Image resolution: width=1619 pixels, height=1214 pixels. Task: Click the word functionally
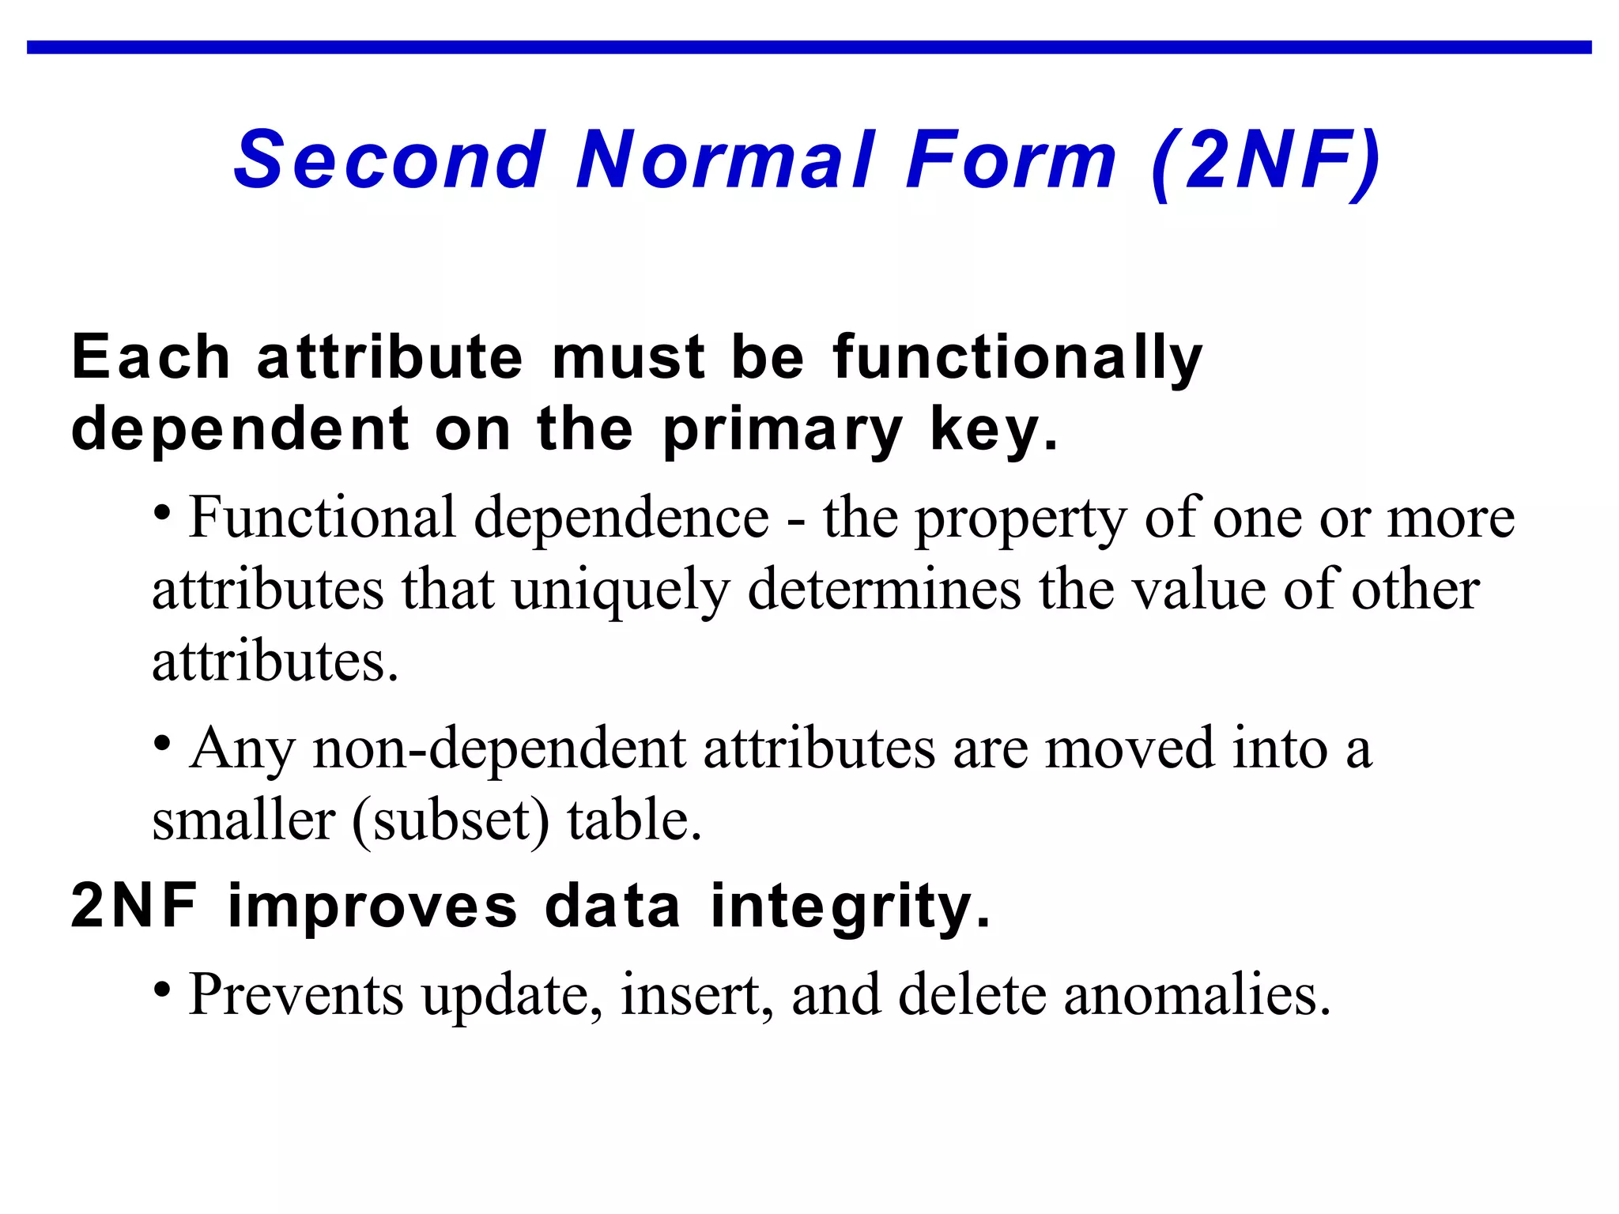(1017, 358)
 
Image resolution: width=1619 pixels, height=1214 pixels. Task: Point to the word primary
(783, 431)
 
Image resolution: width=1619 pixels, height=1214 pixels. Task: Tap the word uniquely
(621, 590)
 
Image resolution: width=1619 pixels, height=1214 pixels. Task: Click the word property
(1021, 520)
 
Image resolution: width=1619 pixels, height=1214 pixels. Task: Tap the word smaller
(243, 820)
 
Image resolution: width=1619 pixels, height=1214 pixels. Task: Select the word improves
(372, 907)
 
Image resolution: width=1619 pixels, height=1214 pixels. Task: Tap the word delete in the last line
(972, 994)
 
